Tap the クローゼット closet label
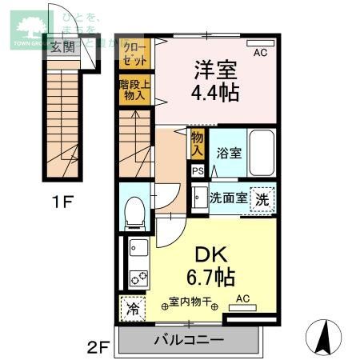coord(135,54)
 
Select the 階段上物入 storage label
coord(135,89)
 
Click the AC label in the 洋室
coord(259,54)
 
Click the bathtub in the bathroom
coord(261,154)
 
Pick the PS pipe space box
coord(197,170)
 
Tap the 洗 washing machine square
coord(262,199)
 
